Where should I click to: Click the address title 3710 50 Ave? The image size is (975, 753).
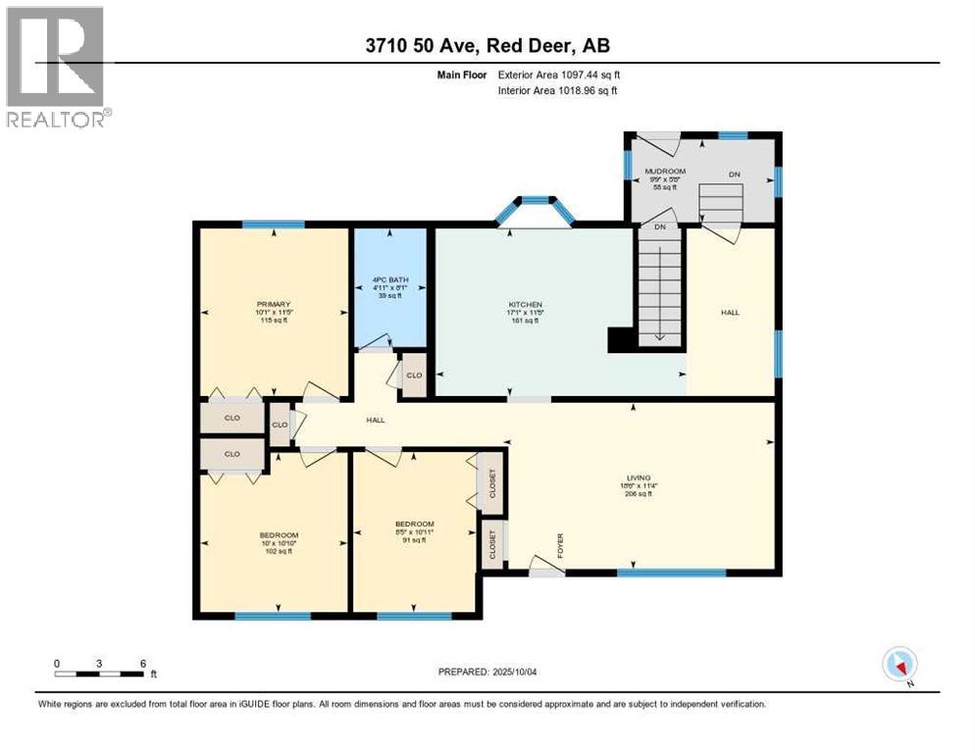[487, 46]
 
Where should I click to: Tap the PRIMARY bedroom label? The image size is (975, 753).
[274, 304]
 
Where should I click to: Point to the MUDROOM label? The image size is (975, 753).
[664, 172]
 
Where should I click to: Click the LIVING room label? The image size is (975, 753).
[639, 477]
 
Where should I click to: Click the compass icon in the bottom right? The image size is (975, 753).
[898, 664]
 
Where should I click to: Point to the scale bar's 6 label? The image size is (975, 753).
[143, 663]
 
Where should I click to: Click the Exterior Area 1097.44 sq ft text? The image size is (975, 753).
[559, 75]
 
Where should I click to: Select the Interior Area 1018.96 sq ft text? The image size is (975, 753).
[558, 91]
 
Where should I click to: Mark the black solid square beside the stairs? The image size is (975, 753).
[620, 339]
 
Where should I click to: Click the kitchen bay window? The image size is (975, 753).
[535, 209]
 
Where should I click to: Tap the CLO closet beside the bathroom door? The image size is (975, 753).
[414, 376]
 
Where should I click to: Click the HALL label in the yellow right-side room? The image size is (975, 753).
[730, 312]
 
